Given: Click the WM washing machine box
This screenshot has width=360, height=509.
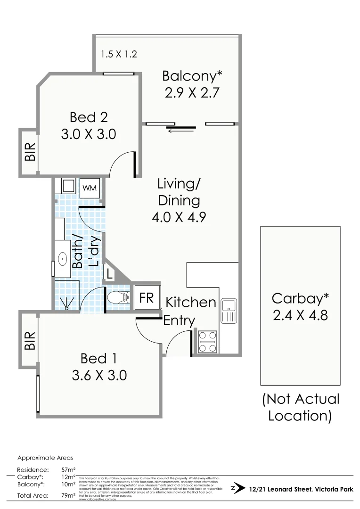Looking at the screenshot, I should pyautogui.click(x=90, y=188).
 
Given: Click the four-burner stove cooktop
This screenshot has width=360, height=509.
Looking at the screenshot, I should pyautogui.click(x=208, y=342).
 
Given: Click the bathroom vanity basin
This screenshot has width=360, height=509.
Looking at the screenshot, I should pyautogui.click(x=63, y=258).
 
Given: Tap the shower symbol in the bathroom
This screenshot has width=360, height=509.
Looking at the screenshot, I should pyautogui.click(x=67, y=302).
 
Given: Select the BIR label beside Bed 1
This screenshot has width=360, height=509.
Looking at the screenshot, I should pyautogui.click(x=30, y=340).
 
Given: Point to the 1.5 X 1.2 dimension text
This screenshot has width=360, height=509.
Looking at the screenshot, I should pyautogui.click(x=118, y=54).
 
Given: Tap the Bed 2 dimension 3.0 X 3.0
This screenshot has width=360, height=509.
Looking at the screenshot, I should pyautogui.click(x=89, y=134).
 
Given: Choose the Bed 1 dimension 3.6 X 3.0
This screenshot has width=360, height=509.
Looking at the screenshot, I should pyautogui.click(x=99, y=375).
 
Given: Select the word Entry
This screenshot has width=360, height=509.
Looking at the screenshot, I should pyautogui.click(x=179, y=321).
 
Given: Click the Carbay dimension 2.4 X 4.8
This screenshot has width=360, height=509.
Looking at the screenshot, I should pyautogui.click(x=300, y=314).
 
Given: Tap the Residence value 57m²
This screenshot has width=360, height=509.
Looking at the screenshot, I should pyautogui.click(x=68, y=470).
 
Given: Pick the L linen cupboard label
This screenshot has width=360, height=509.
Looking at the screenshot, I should pyautogui.click(x=109, y=274).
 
